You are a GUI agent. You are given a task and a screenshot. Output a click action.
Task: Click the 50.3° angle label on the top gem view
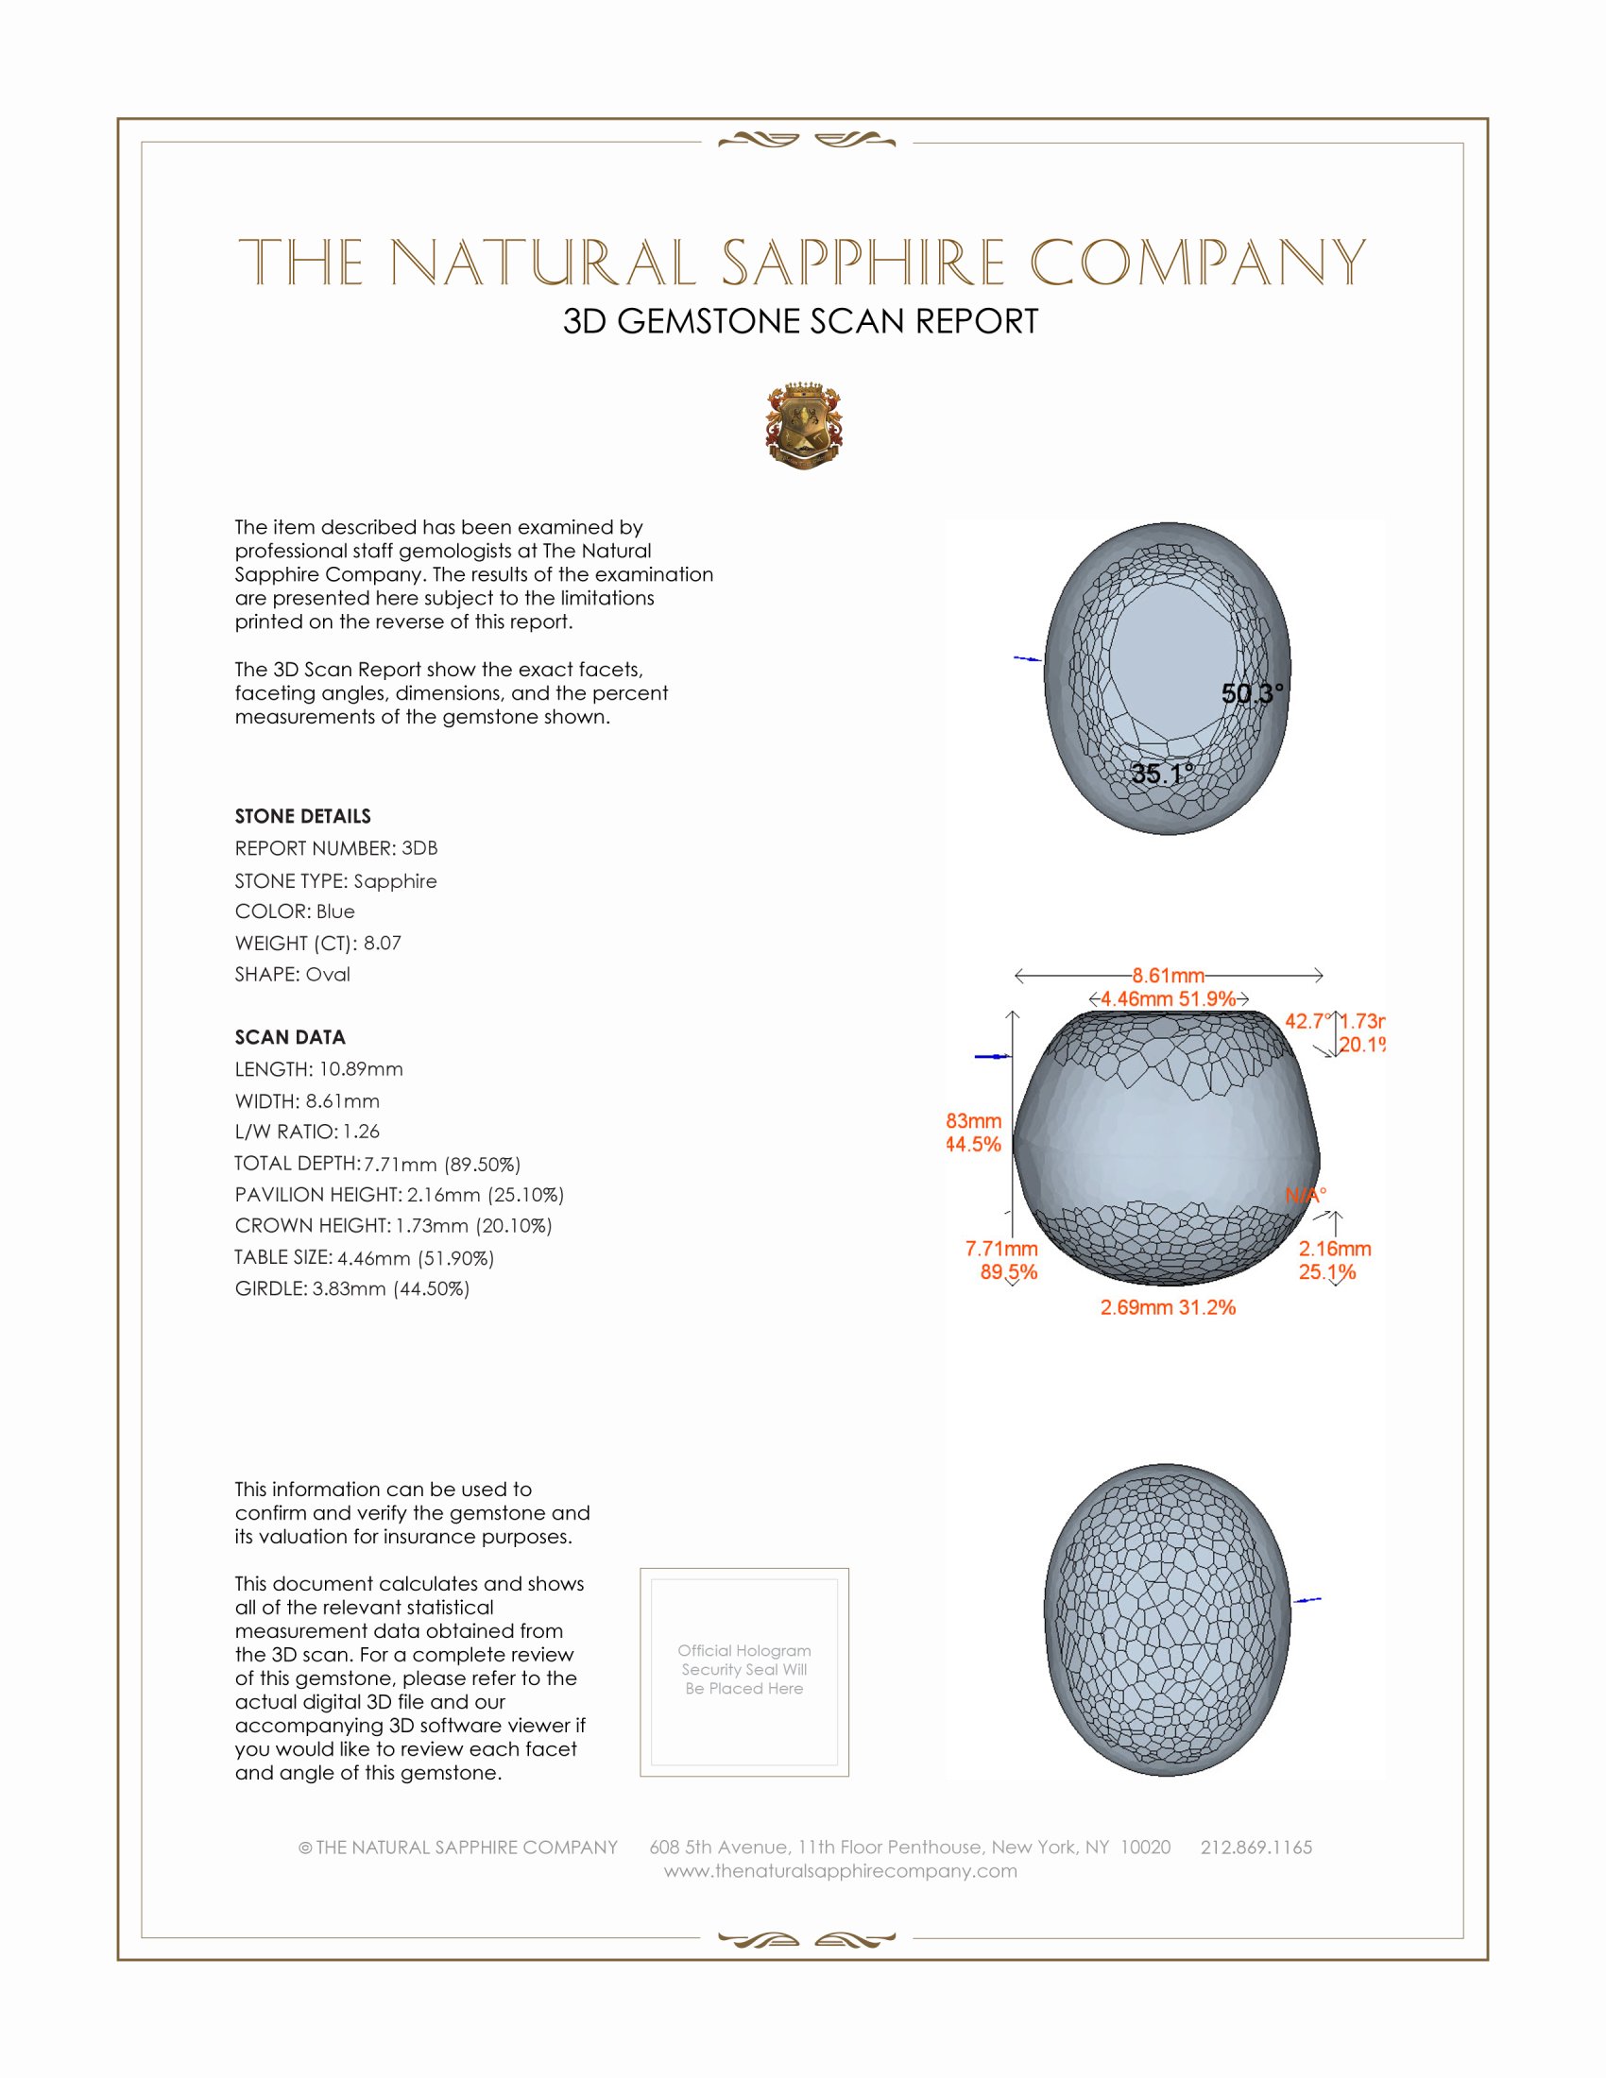pos(1252,693)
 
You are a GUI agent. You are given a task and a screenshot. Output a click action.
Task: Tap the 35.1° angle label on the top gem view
pos(1162,774)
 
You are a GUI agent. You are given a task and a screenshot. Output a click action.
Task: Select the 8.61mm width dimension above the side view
pos(1168,976)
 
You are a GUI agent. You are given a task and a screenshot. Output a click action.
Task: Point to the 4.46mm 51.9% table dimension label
pos(1168,999)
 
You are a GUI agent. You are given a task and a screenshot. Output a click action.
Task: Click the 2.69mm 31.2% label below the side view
pos(1168,1307)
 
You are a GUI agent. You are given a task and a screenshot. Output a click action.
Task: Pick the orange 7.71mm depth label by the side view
pos(1000,1249)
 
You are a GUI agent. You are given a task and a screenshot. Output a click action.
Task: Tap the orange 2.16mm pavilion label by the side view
pos(1334,1249)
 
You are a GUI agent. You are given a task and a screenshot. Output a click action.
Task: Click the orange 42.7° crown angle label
pos(1307,1021)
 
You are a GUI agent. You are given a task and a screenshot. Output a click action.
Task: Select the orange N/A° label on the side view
pos(1306,1195)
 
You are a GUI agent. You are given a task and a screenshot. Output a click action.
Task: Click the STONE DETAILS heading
pos(302,816)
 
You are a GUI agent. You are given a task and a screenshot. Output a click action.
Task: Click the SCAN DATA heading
pos(290,1037)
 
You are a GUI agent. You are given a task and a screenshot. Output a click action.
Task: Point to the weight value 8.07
pos(383,943)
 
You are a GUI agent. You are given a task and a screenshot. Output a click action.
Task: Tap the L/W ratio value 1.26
pos(362,1132)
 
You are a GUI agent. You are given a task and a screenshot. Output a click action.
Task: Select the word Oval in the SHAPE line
pos(327,975)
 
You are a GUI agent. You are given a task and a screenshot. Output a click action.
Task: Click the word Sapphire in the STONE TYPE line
pos(395,881)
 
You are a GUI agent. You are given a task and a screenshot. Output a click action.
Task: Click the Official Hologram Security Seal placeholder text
pos(744,1669)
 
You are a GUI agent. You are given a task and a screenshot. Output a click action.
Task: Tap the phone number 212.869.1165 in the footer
pos(1256,1847)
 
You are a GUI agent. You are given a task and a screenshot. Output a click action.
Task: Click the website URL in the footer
pos(840,1870)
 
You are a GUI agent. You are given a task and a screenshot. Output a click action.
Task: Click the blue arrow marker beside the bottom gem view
pos(1307,1600)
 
